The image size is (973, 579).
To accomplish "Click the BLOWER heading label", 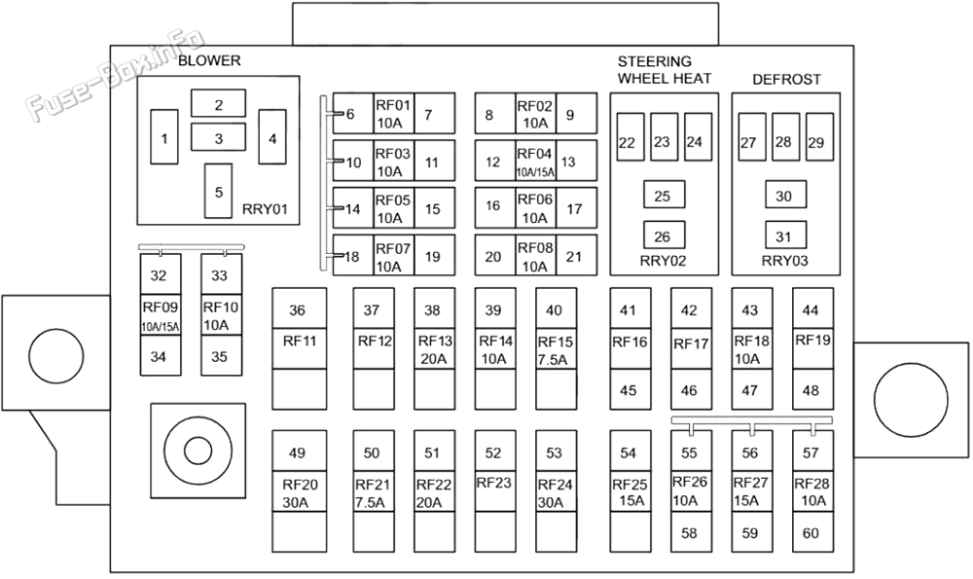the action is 209,60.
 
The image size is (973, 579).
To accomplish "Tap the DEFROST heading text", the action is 786,80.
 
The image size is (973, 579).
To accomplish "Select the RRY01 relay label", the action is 265,208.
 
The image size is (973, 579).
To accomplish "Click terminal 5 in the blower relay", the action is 218,191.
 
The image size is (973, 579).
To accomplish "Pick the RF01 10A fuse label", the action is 393,114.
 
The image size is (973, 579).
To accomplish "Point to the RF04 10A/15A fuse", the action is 535,162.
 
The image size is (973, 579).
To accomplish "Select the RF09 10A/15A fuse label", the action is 161,315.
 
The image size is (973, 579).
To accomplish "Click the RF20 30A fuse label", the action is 299,492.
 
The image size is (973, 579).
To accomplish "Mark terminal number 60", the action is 812,532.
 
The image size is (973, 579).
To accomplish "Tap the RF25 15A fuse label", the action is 630,492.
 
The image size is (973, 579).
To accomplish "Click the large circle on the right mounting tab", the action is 911,400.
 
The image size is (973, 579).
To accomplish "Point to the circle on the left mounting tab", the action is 55,355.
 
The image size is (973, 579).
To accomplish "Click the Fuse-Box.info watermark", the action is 116,73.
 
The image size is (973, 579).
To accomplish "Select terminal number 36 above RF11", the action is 298,309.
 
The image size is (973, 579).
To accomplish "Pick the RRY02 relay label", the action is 663,261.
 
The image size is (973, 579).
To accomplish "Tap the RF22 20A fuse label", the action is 434,492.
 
